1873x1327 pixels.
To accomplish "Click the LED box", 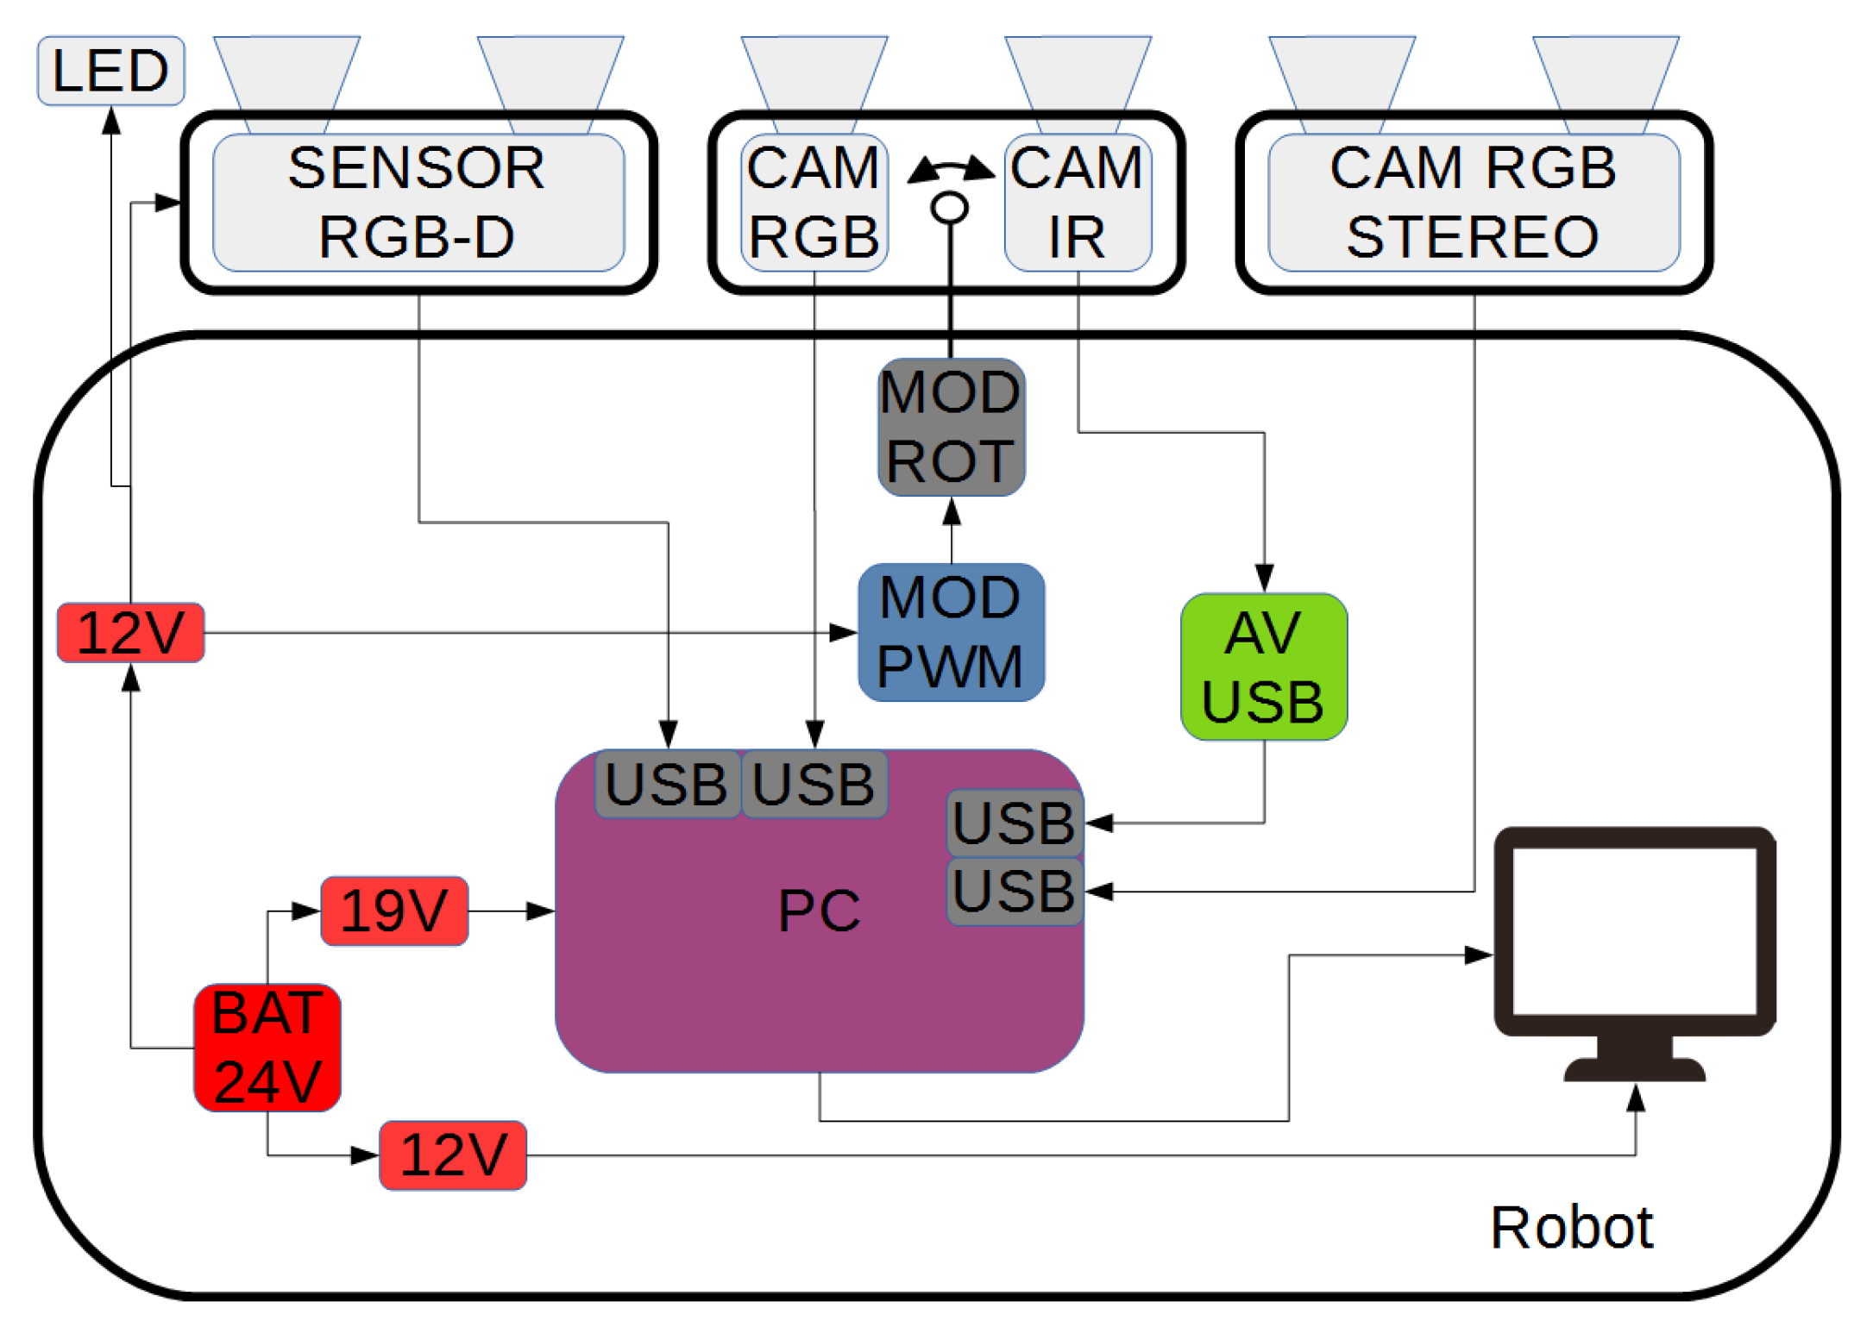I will (110, 71).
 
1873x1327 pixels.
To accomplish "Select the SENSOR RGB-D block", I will (418, 203).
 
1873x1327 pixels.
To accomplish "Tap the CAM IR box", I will (1077, 203).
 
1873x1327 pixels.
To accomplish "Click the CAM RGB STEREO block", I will (1473, 203).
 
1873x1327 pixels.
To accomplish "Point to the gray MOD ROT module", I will (951, 428).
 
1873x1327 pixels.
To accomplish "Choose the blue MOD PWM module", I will (951, 632).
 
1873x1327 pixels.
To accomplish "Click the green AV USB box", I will (1263, 667).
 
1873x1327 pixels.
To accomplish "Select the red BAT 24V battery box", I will (267, 1048).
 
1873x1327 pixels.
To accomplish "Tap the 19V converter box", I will (394, 911).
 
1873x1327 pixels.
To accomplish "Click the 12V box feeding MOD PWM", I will (130, 633).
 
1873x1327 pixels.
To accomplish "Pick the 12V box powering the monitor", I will (453, 1155).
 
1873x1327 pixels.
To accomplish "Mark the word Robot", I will (1570, 1227).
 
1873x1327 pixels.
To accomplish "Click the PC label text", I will (819, 911).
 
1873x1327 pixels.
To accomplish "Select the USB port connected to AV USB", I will (1015, 823).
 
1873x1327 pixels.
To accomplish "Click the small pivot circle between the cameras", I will (950, 207).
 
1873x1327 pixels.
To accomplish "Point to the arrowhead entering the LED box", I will (111, 120).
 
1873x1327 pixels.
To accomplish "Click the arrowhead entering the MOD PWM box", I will (843, 633).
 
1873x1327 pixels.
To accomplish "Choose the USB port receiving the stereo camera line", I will (1015, 892).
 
